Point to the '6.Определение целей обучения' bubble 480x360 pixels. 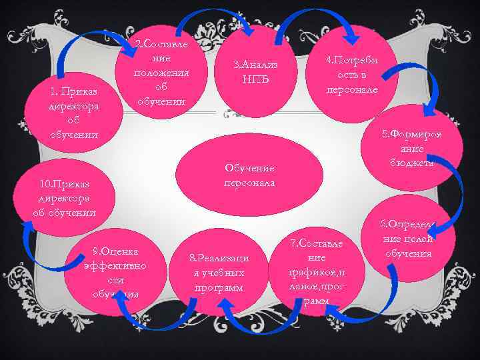407,239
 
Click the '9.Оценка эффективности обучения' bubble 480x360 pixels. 116,271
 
